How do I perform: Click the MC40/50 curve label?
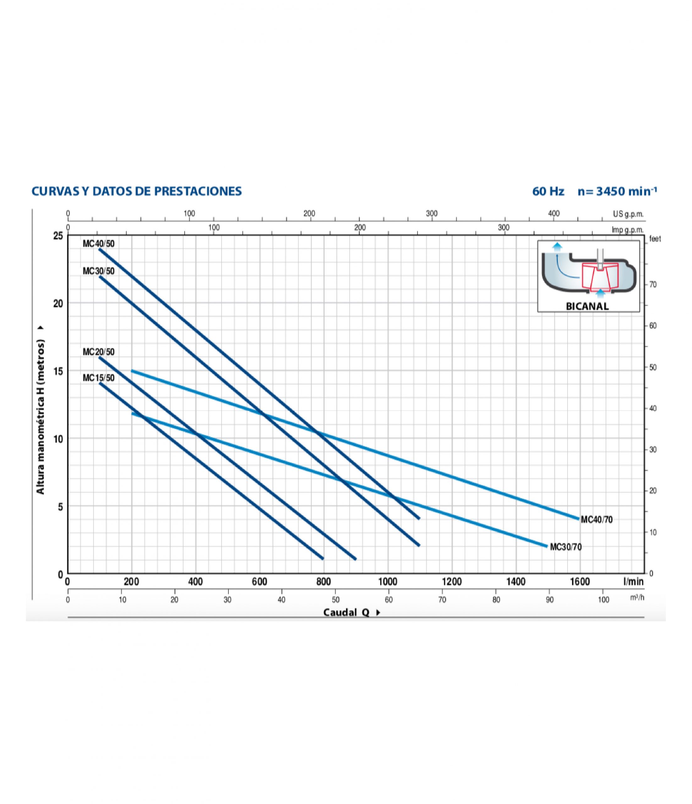tap(99, 244)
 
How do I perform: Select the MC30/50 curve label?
tap(99, 271)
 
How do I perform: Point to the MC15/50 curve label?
tap(99, 378)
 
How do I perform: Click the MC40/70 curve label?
tap(596, 519)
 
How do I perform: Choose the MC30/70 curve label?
tap(566, 547)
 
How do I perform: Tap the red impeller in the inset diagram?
tap(600, 275)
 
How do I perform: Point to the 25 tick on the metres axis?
tap(58, 236)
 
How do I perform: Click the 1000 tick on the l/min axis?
tap(387, 582)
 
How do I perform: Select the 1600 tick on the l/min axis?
tap(580, 582)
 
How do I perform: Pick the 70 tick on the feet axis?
tap(653, 285)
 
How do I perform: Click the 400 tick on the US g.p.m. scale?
tap(554, 214)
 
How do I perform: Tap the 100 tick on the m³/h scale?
tap(603, 600)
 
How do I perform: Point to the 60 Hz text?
tap(548, 191)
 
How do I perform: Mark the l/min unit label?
tap(633, 582)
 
